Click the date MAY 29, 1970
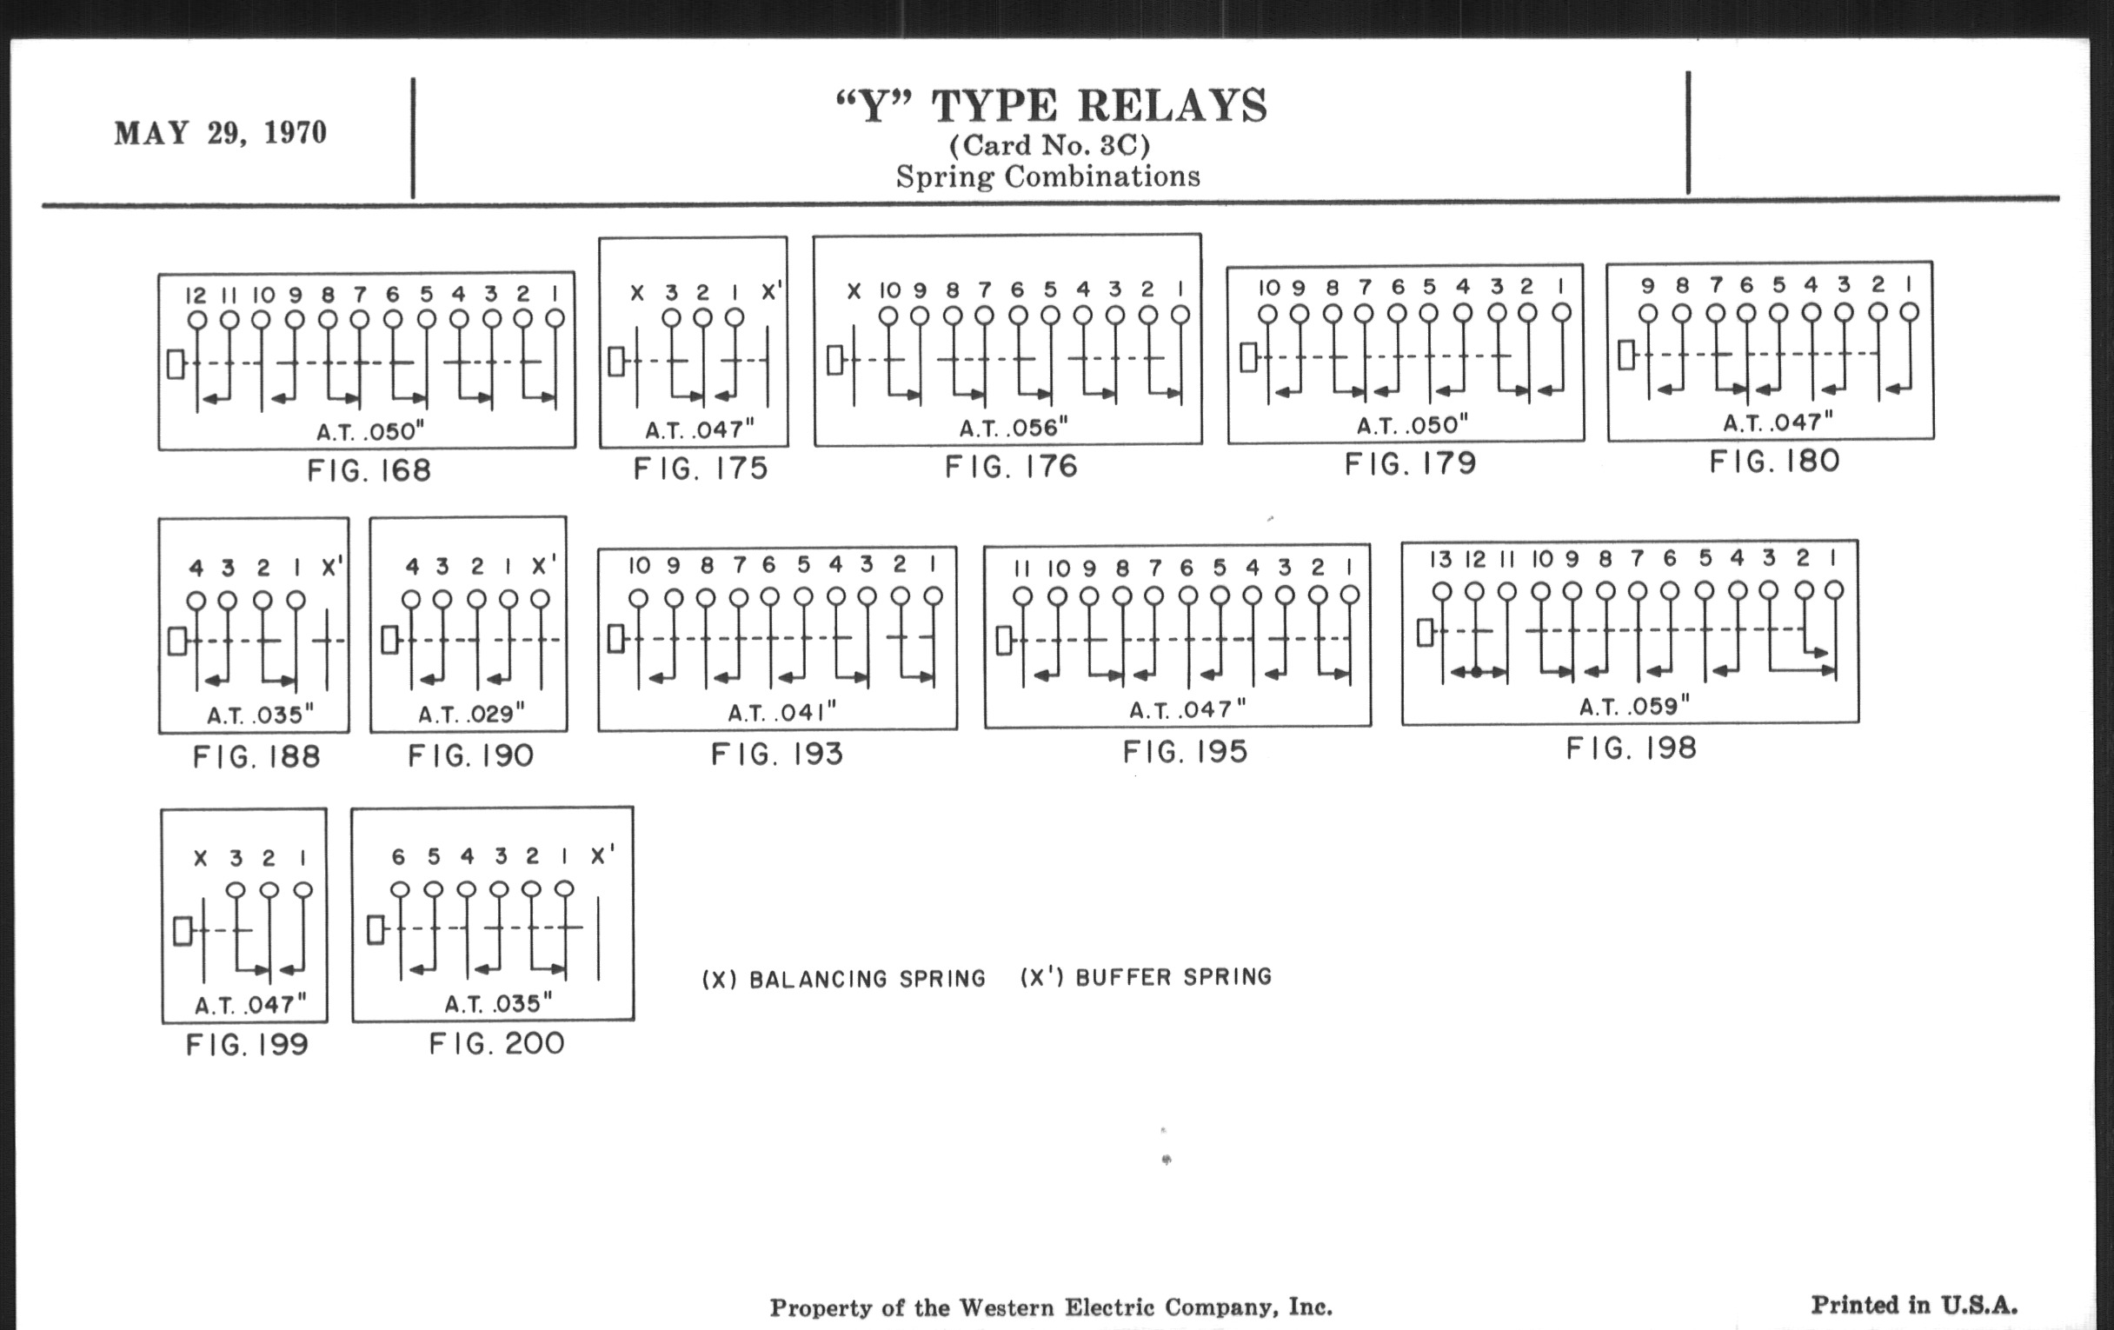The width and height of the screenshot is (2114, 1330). [x=221, y=132]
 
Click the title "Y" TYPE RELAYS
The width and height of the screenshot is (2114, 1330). [x=1051, y=106]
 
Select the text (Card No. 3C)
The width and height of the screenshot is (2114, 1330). [x=1049, y=145]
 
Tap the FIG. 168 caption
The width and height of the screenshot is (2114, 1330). [x=369, y=470]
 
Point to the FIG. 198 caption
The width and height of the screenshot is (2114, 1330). [x=1632, y=748]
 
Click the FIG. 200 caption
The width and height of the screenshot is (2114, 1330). [x=496, y=1044]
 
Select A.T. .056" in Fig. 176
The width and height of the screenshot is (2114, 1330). [x=1014, y=428]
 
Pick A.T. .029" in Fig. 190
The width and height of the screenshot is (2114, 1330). [x=471, y=714]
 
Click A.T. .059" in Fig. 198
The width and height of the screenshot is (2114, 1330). [x=1635, y=706]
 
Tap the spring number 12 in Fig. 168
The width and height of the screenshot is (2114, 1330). [x=196, y=295]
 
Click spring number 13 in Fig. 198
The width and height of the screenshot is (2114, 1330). [x=1440, y=559]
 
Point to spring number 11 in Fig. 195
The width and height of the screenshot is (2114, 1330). [x=1021, y=569]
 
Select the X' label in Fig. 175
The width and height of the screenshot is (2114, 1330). [x=772, y=290]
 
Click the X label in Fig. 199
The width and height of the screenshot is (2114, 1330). [x=201, y=859]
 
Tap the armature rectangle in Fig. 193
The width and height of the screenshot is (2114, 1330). [x=615, y=638]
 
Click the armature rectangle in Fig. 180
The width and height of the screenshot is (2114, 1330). [x=1625, y=355]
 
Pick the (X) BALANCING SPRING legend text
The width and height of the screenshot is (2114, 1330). [x=844, y=979]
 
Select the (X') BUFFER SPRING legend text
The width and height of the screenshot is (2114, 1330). [x=1146, y=977]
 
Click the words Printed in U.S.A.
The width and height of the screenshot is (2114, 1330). [x=1914, y=1306]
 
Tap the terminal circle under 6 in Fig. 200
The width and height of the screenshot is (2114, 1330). [x=400, y=890]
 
